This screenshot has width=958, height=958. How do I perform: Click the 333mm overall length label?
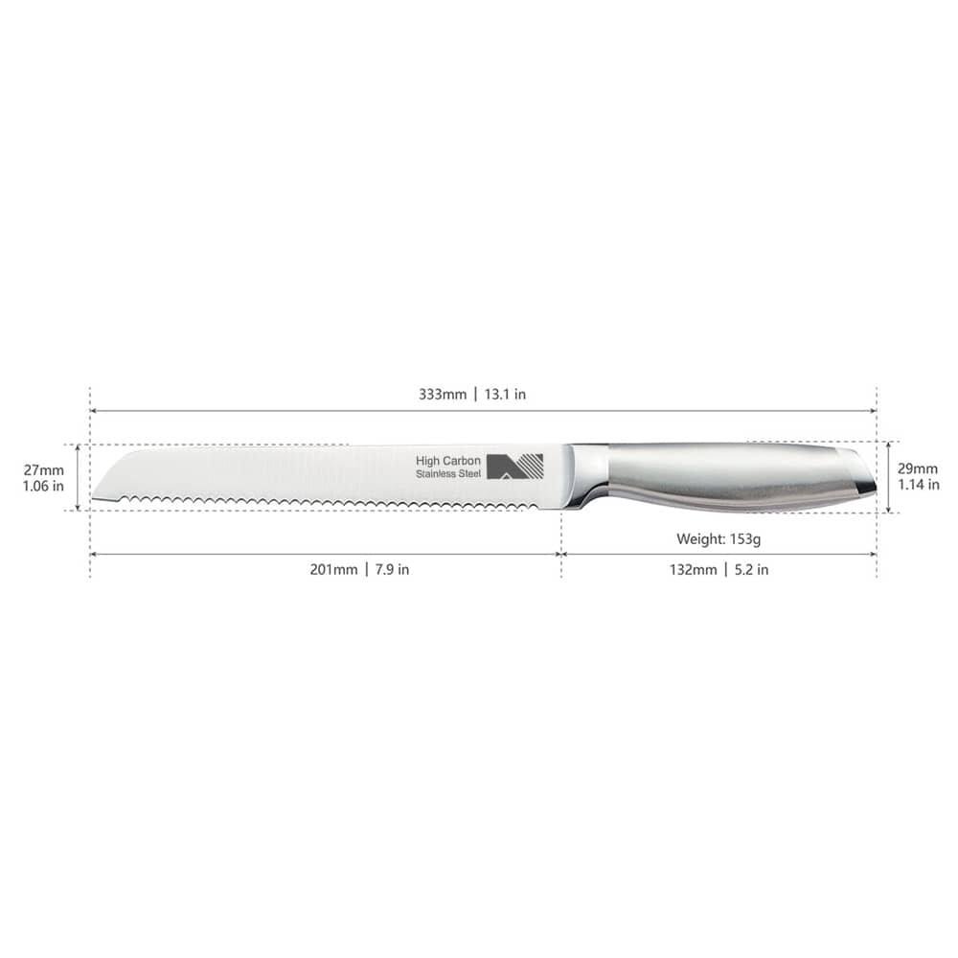(442, 395)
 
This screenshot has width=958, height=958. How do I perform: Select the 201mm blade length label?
(331, 570)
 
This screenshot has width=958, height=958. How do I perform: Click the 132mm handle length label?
(692, 570)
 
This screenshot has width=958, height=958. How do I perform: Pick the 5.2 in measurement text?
(750, 570)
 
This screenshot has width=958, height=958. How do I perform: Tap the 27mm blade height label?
(44, 469)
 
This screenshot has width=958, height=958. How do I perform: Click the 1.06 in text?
(44, 486)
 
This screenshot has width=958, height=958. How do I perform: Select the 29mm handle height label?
(918, 468)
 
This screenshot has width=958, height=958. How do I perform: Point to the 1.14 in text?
(918, 485)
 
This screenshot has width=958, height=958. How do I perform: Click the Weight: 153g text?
(718, 539)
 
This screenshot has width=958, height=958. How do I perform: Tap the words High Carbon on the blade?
(448, 461)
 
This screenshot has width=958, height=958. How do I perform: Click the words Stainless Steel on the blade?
(448, 475)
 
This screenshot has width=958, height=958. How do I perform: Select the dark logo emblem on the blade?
(514, 467)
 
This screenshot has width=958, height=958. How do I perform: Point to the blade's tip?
(97, 497)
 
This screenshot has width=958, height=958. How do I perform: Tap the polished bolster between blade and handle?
(586, 474)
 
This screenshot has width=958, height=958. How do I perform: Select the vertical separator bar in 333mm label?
(474, 395)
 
